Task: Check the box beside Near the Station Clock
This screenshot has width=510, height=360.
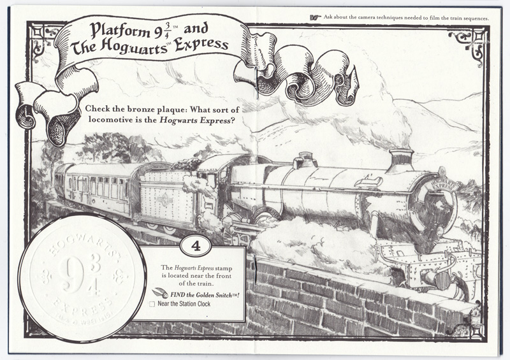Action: [x=152, y=305]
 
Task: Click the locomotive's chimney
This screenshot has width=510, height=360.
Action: [x=402, y=159]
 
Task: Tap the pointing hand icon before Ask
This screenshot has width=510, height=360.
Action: [x=314, y=17]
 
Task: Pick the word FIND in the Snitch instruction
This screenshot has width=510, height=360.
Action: [x=173, y=294]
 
